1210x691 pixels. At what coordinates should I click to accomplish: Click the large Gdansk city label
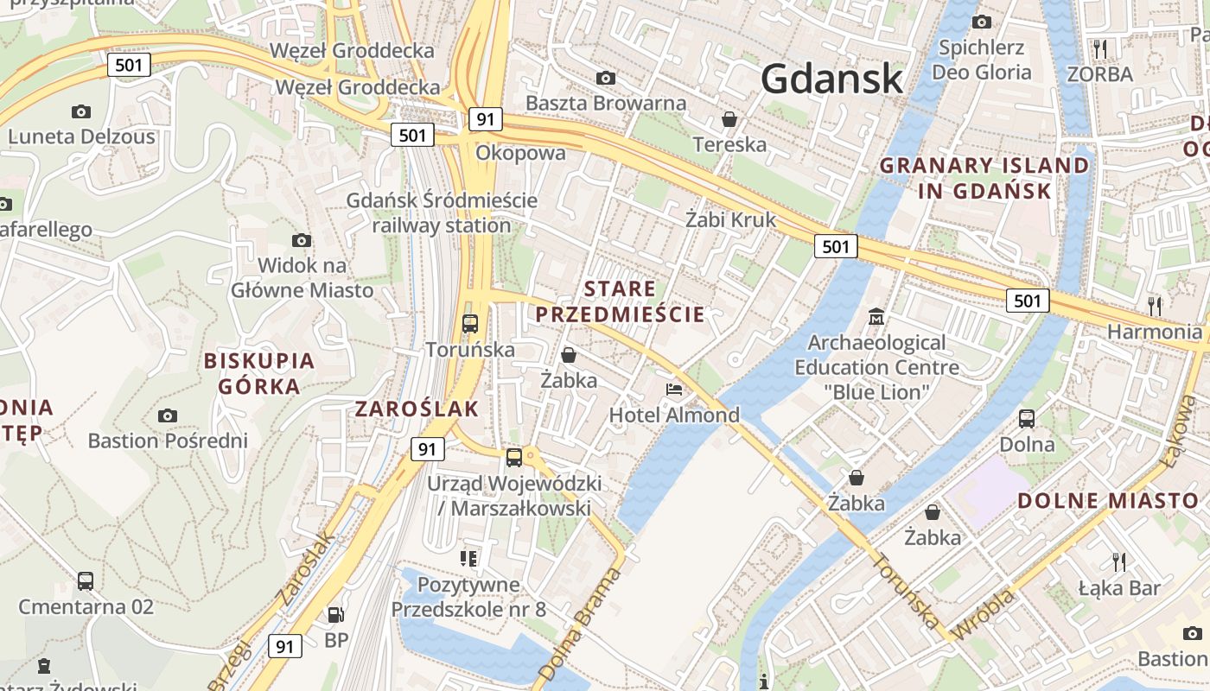point(831,79)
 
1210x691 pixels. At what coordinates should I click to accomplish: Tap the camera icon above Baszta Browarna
point(606,79)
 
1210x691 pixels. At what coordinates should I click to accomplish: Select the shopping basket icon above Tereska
point(729,119)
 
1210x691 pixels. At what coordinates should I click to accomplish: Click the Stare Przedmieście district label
point(620,301)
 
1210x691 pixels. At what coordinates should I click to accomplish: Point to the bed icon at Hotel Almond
point(674,390)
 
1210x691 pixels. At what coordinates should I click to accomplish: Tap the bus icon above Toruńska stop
point(470,324)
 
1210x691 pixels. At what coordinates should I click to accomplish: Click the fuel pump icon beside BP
point(335,615)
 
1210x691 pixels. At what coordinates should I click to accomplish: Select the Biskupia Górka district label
point(259,373)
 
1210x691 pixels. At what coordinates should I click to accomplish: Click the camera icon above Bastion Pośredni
point(168,416)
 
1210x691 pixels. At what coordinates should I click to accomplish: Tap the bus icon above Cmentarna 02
point(86,581)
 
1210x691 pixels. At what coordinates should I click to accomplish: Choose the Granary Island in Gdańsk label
point(984,178)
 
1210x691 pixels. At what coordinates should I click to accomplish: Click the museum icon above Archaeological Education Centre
point(877,317)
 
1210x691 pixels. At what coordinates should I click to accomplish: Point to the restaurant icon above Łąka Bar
point(1119,562)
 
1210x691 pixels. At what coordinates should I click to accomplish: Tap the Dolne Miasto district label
point(1108,501)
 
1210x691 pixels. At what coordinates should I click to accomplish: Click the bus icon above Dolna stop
point(1027,419)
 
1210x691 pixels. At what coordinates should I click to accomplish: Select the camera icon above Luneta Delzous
point(81,111)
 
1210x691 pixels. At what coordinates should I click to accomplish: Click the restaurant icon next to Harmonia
point(1154,305)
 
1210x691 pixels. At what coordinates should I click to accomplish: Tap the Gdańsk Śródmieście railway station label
point(442,212)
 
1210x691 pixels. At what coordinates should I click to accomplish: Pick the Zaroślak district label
point(417,409)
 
